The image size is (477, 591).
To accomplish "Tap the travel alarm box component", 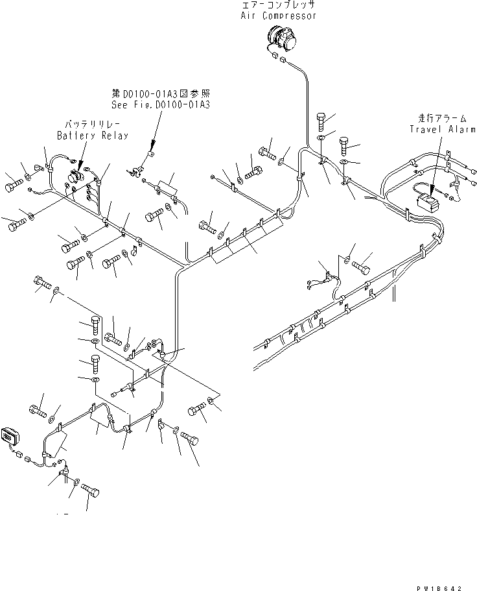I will [428, 203].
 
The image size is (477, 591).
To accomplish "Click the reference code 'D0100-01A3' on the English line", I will [184, 103].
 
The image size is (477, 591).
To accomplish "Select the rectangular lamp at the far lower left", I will [12, 437].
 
